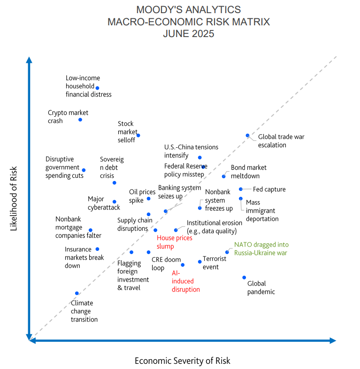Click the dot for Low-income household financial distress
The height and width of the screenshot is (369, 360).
click(97, 88)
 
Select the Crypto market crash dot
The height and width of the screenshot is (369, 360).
click(80, 120)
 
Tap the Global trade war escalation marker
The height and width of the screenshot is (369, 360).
click(248, 136)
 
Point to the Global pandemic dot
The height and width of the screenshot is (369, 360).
click(244, 278)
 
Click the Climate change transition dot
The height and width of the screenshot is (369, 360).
click(77, 294)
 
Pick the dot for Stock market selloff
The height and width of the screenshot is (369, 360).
click(138, 136)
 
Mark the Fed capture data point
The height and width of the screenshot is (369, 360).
click(241, 189)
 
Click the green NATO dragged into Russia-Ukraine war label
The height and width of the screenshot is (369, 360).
click(261, 249)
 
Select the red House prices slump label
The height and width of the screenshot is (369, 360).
click(174, 242)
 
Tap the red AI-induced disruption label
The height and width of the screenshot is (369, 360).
click(185, 281)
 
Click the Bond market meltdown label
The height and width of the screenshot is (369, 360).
click(248, 171)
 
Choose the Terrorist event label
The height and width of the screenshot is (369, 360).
click(214, 263)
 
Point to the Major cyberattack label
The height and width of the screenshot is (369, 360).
click(104, 203)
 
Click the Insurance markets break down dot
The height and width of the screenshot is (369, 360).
click(97, 249)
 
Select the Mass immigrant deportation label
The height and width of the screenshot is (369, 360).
click(262, 211)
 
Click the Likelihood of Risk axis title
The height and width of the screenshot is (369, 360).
click(14, 198)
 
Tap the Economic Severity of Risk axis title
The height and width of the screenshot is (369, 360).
click(182, 361)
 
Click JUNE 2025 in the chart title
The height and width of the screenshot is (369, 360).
click(188, 34)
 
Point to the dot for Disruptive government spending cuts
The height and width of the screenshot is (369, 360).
click(84, 170)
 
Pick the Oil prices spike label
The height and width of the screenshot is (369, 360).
click(142, 196)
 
